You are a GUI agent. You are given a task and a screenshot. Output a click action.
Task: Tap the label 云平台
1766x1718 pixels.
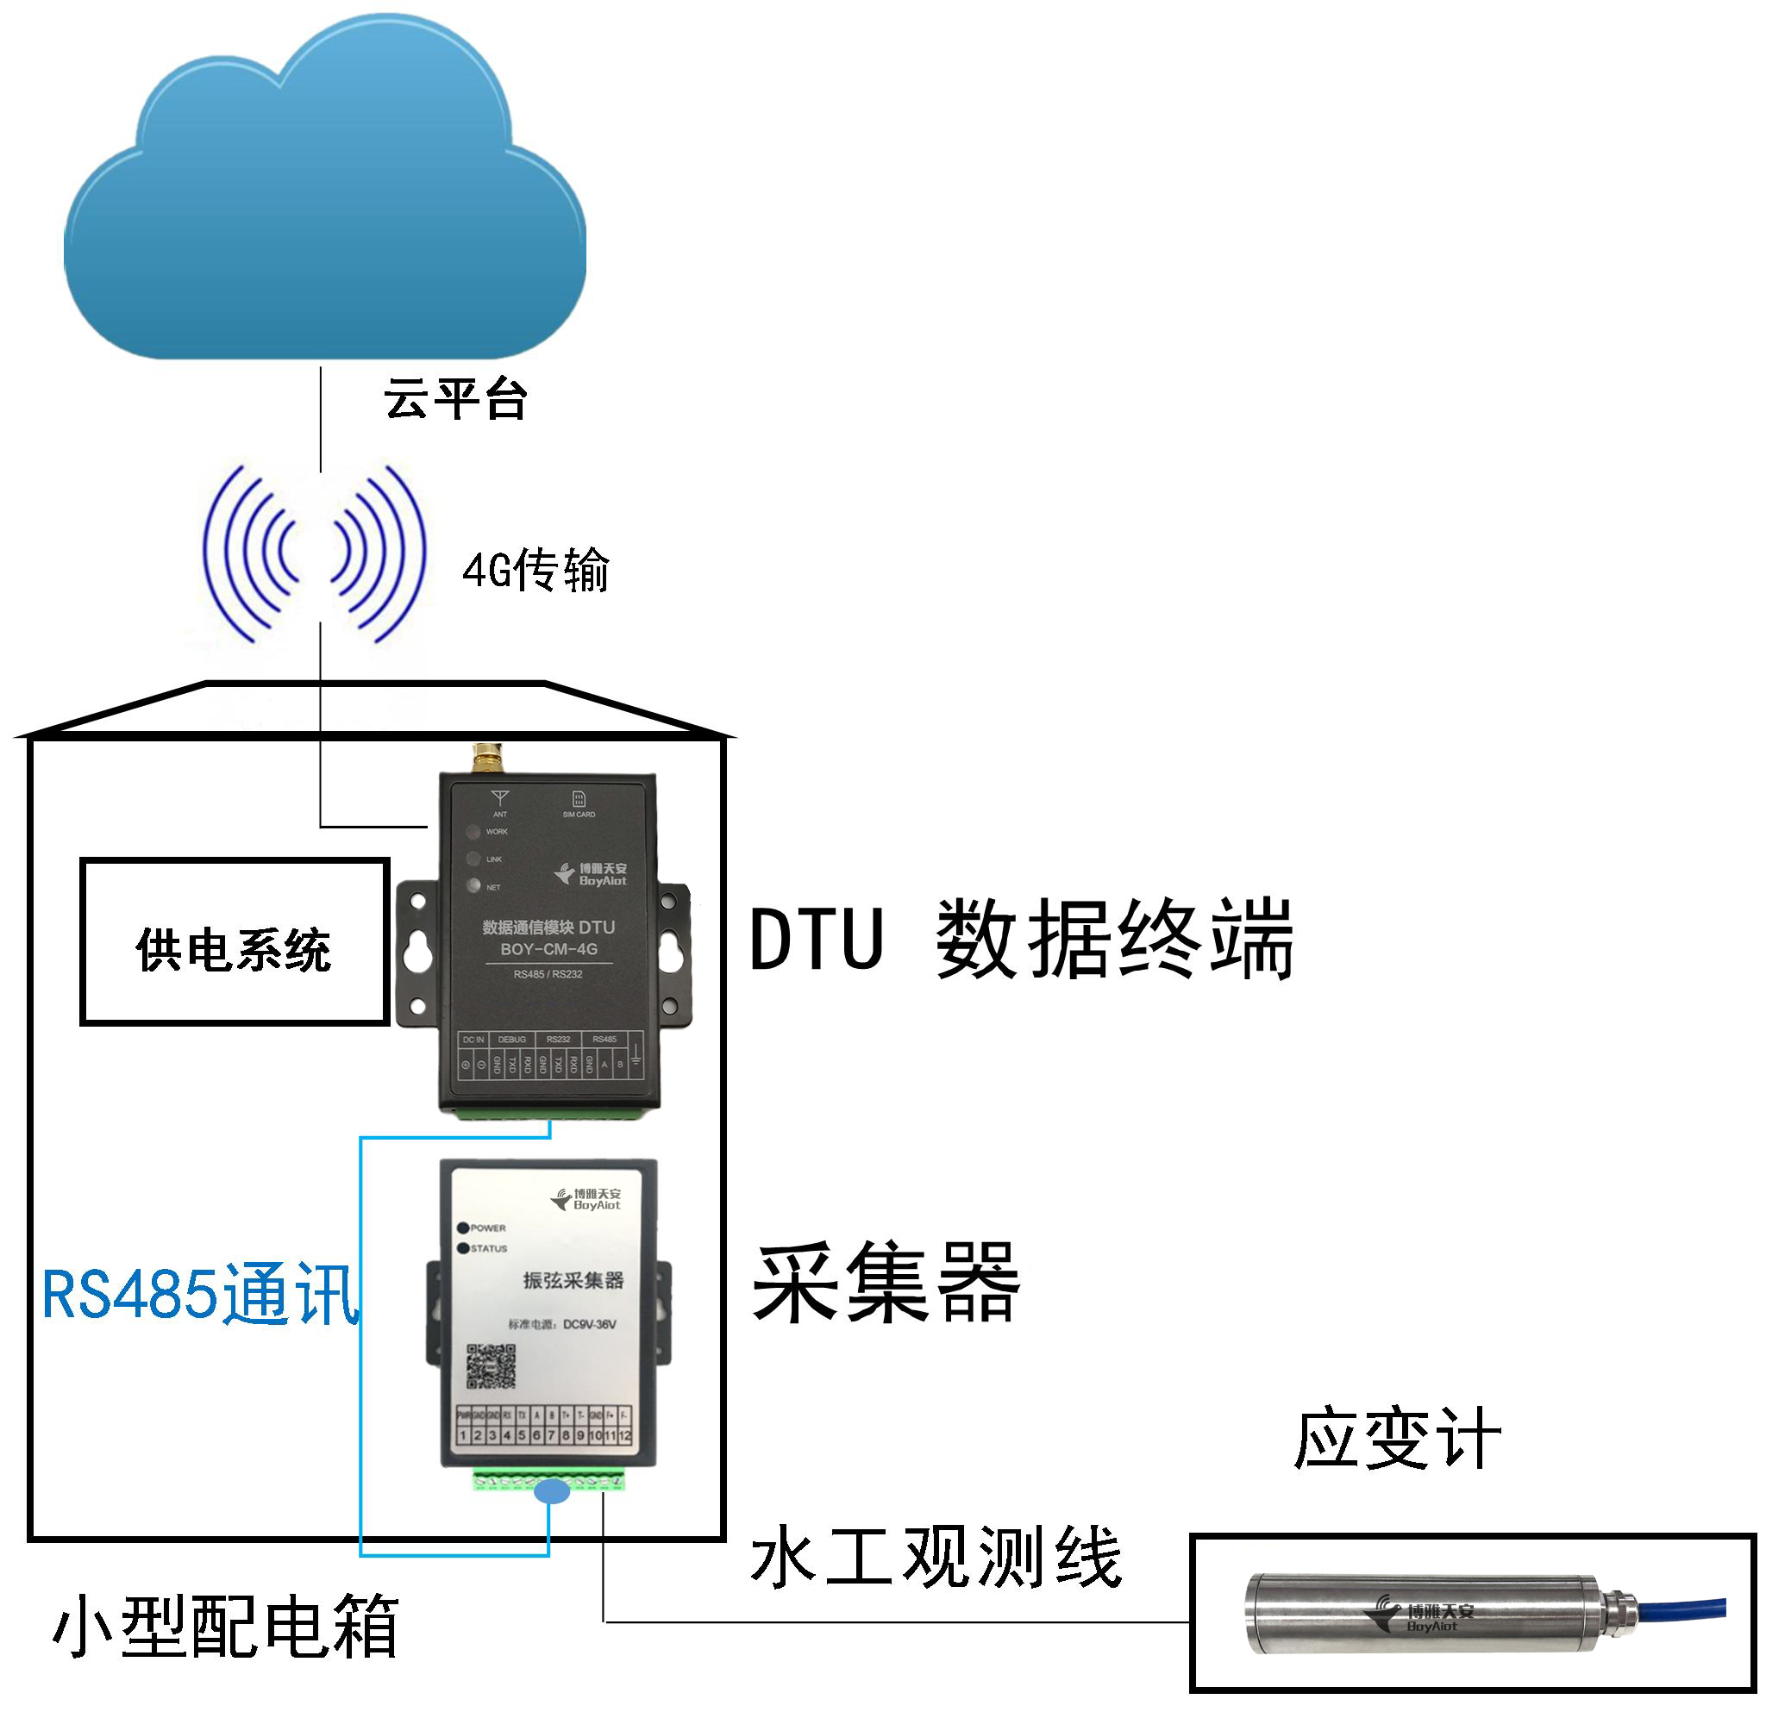[x=454, y=400]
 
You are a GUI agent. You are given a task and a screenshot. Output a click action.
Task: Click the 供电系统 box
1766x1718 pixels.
[x=235, y=942]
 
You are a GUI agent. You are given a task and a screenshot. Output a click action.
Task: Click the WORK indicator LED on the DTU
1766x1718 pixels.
[x=473, y=832]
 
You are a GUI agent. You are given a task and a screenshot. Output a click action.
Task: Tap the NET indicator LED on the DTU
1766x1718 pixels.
[x=473, y=885]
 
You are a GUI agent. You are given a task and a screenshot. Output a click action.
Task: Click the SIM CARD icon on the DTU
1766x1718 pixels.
[x=579, y=798]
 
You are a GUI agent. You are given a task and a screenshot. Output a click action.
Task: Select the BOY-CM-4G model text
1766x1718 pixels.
[x=548, y=948]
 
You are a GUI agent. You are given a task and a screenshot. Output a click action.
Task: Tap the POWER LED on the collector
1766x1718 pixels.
[x=465, y=1228]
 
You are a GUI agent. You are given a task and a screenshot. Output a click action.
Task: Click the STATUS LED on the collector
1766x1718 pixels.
[x=465, y=1248]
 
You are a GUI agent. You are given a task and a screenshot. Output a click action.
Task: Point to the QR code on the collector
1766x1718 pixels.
[x=491, y=1366]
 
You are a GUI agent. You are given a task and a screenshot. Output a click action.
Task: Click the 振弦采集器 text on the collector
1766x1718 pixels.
[x=573, y=1279]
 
